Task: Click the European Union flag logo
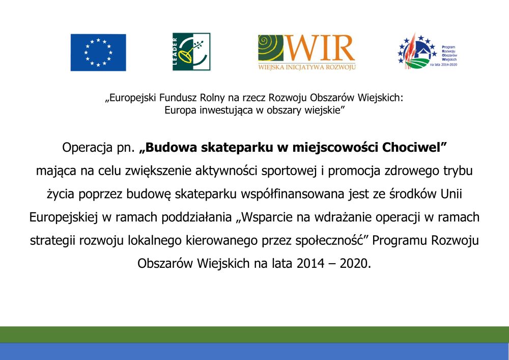[x=98, y=52]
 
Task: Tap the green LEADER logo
[x=191, y=51]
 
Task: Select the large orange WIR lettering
[x=320, y=48]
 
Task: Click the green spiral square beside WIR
[x=271, y=48]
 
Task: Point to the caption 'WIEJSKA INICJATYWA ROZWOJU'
[x=307, y=67]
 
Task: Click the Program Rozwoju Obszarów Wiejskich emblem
[x=417, y=51]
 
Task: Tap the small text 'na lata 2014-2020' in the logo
[x=443, y=65]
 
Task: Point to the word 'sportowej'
[x=289, y=171]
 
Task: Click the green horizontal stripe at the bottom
[x=254, y=335]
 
